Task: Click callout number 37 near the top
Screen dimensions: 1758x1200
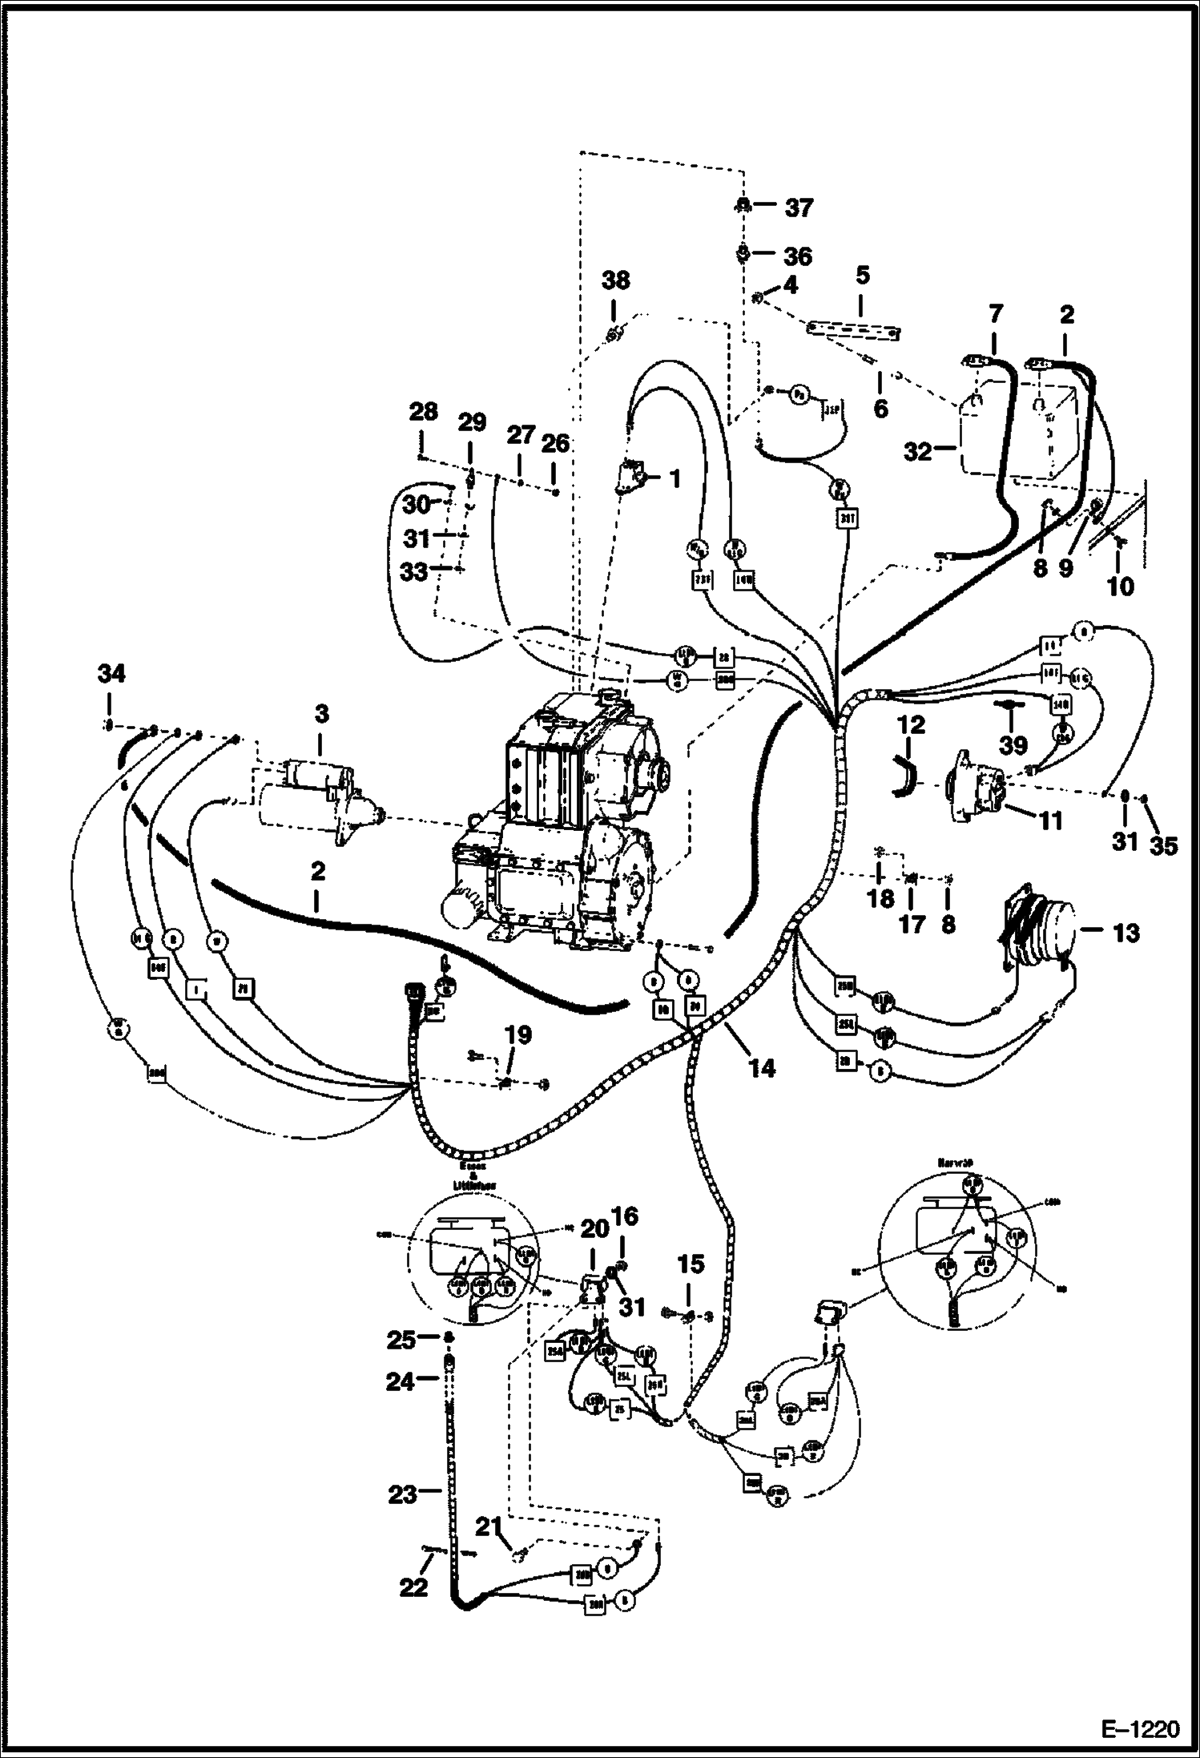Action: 799,208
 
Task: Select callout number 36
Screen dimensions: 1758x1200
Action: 798,256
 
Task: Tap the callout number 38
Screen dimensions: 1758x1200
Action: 615,281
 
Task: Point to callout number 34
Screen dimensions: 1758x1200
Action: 111,675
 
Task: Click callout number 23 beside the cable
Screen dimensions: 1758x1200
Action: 403,1494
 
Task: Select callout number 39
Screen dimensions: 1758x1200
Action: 1013,745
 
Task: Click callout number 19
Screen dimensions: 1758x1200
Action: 517,1034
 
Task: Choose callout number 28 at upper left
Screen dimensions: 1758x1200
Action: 423,413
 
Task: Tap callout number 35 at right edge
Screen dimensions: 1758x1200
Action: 1164,845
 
